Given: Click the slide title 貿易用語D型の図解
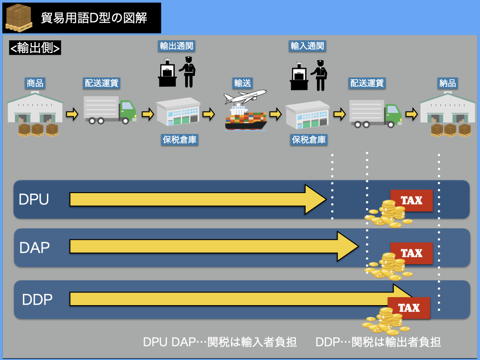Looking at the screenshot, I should pos(94,18).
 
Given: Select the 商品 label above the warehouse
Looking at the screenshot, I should pos(35,83).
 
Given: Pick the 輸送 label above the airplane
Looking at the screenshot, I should pos(243,83).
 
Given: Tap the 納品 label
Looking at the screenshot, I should pos(448,83).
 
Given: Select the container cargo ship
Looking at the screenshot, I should pos(245,118).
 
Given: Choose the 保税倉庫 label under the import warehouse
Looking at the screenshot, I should pos(309,139).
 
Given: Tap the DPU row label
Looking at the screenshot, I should pos(34,199).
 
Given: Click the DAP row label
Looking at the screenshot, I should pos(35,247).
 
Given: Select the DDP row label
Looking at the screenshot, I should pos(37,299).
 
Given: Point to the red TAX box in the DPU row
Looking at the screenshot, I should pos(411,201).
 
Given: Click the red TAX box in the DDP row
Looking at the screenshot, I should pos(408,308).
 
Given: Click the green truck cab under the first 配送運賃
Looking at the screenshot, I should pos(127,111).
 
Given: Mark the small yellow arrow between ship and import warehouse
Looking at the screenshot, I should pos(276,114).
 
